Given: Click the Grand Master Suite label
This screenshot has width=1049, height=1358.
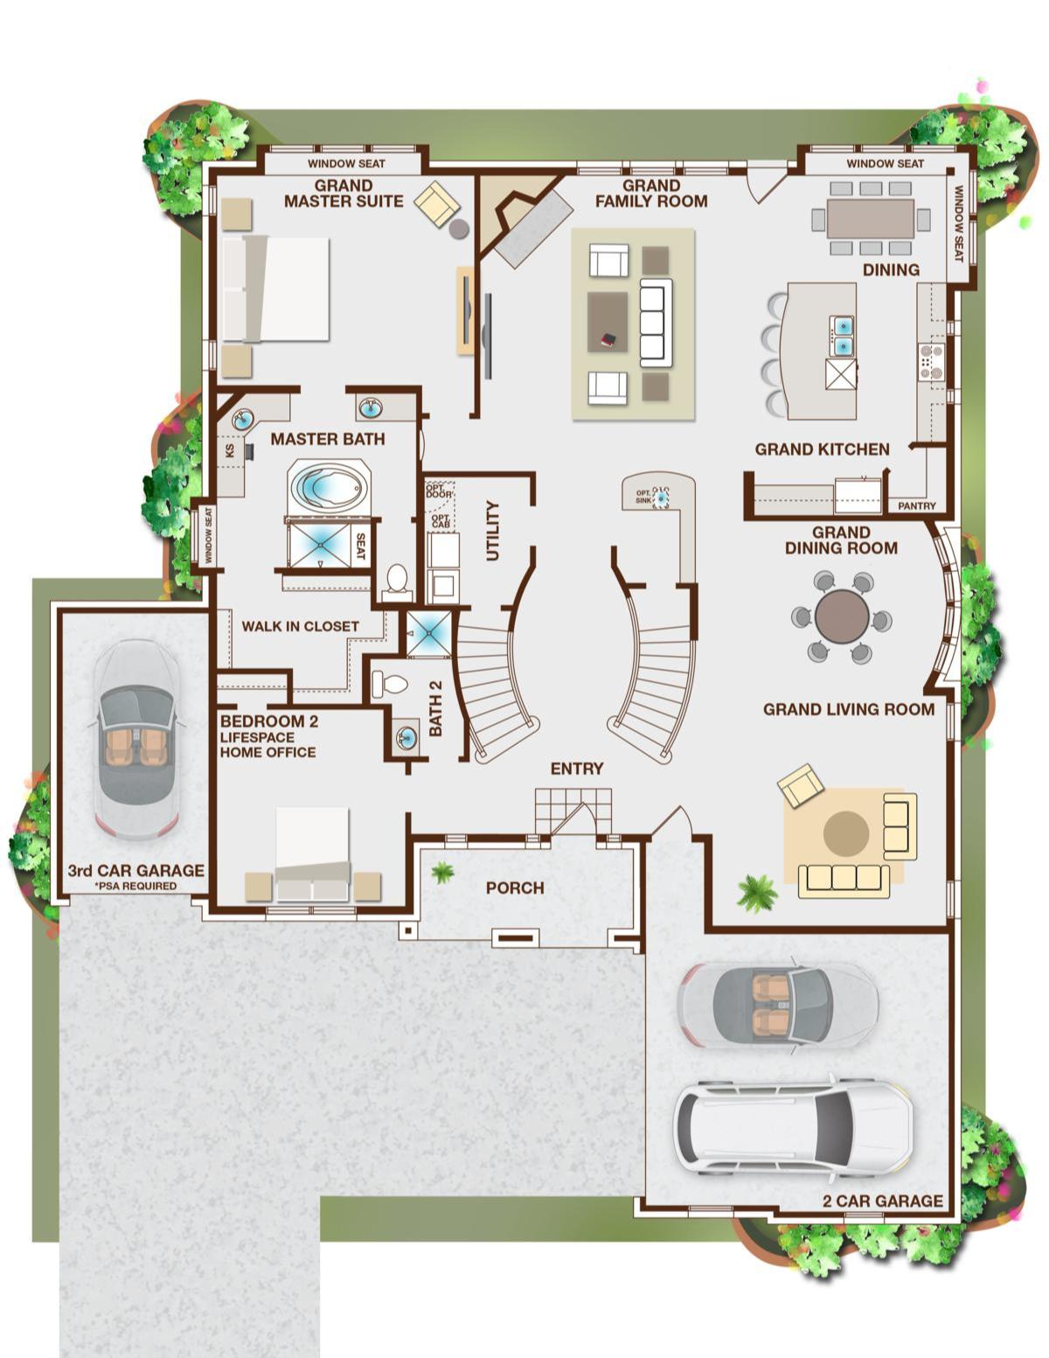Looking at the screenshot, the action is tap(344, 194).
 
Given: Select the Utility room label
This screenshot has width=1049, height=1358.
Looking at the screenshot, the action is tap(493, 531).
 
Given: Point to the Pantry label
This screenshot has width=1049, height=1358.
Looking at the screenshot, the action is tap(916, 505).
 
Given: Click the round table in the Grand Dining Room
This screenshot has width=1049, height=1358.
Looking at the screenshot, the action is tap(841, 616).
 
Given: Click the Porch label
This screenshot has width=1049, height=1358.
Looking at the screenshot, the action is tap(515, 888).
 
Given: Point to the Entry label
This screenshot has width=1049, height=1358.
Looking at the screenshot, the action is tap(577, 769).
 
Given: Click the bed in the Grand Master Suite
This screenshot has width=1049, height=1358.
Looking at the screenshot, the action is tap(275, 289).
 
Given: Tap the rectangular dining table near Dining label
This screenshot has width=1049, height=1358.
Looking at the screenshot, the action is tap(871, 218).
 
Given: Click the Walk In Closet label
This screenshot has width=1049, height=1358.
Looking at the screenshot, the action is tap(300, 626).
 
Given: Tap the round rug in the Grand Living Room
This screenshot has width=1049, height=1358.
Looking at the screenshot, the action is tap(846, 832).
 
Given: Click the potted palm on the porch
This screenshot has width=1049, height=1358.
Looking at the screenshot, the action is tap(442, 872).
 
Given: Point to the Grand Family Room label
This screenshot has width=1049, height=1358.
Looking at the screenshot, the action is tap(651, 194).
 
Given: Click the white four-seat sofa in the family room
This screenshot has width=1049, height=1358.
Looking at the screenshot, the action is tap(656, 323).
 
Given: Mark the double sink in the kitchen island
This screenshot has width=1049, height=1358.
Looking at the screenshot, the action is tap(843, 335).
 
